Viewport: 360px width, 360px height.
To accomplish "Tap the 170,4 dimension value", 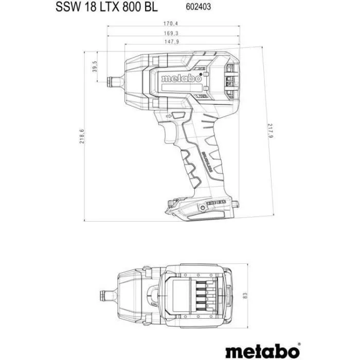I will [x=174, y=23].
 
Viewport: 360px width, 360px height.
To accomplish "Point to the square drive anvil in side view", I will [x=112, y=80].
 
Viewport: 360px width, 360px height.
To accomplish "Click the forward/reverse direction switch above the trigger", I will [x=177, y=116].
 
